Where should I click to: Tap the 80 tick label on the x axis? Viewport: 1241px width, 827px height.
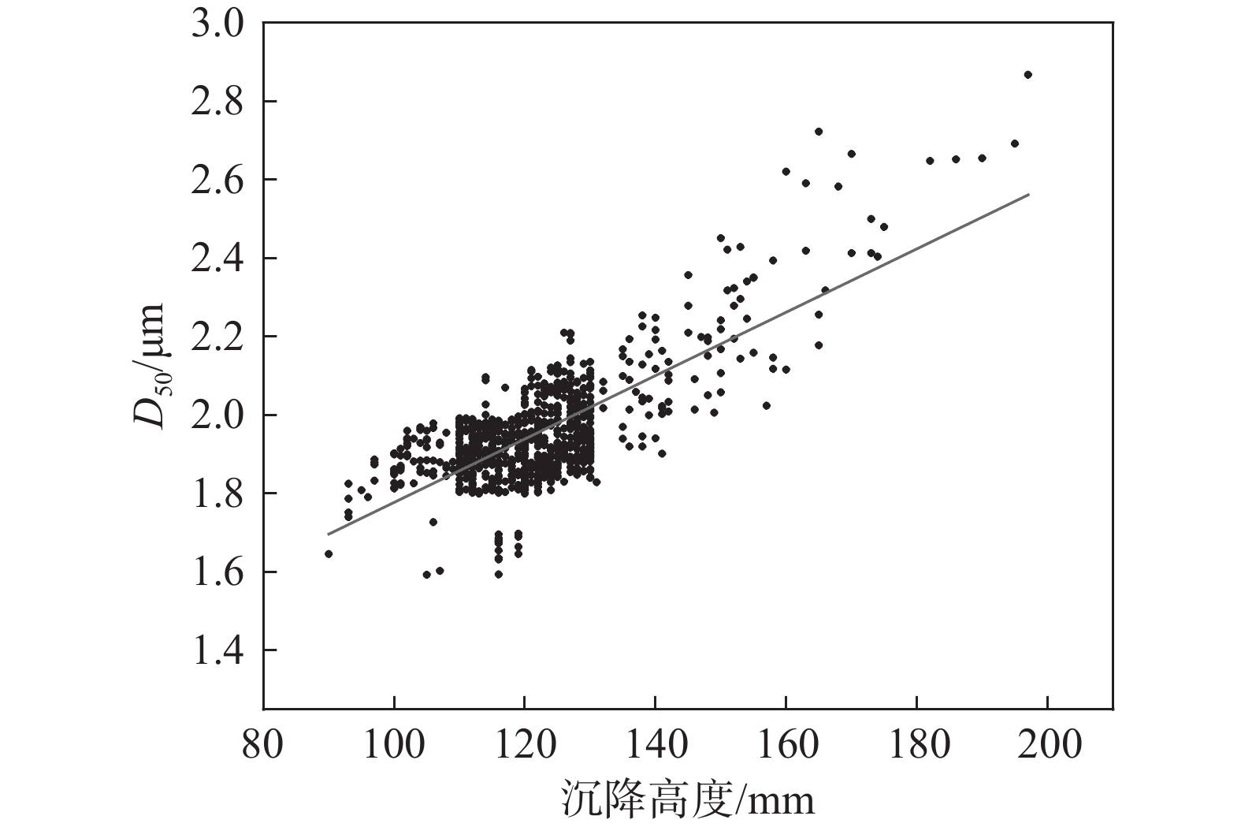tap(263, 744)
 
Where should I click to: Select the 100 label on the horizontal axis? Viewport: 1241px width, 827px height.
tap(394, 744)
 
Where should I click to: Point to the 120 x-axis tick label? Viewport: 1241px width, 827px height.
tap(525, 744)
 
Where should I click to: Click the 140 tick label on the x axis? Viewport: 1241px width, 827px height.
tap(656, 744)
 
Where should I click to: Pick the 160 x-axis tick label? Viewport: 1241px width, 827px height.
tap(786, 744)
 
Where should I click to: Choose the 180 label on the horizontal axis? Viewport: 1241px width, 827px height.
tap(917, 744)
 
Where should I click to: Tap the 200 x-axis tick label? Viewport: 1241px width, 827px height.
tap(1048, 744)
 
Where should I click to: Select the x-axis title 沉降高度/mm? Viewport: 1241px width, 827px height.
tap(687, 799)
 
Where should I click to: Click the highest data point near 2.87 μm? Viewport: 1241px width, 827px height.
tap(1027, 75)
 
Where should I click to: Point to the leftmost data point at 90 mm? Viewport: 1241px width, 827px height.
tap(329, 554)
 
